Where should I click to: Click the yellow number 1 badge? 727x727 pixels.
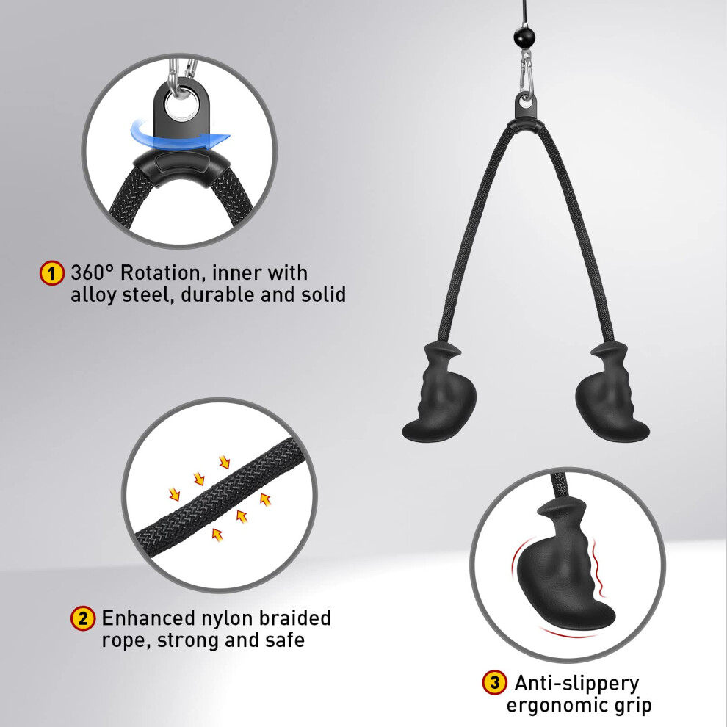coord(52,273)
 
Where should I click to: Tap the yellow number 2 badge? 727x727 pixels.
coord(83,618)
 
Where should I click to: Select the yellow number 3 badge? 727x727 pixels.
coord(494,682)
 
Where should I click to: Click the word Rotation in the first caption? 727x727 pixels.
coord(163,273)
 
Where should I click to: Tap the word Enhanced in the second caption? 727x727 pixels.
coord(148,618)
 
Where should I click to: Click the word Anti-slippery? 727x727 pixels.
coord(576,684)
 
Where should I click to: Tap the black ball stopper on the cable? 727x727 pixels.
coord(524,37)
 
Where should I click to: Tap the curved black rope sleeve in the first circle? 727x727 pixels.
coord(181,167)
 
